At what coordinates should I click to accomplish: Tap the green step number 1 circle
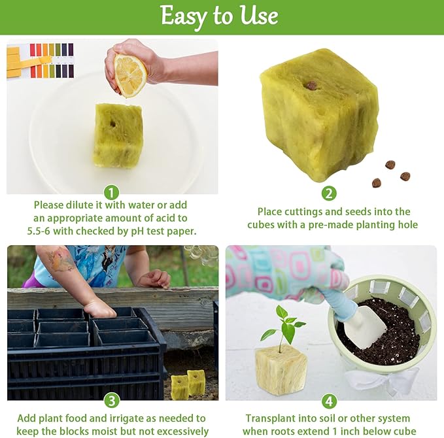tap(111, 193)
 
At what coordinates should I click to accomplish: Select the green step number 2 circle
tap(329, 194)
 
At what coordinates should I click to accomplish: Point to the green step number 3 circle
tap(112, 401)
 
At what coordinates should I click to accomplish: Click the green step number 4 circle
tap(330, 401)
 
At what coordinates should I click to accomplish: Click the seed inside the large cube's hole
tap(312, 85)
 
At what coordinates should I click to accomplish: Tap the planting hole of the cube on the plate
tap(112, 124)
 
